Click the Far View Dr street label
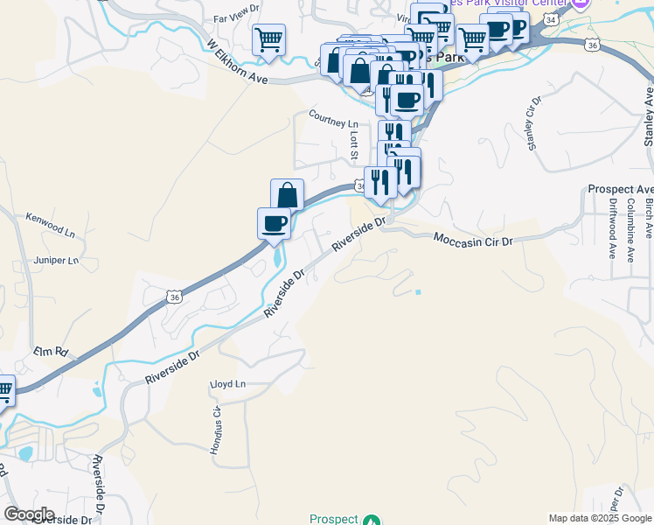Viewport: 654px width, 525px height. click(x=236, y=17)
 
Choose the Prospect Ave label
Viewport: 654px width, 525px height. click(x=620, y=189)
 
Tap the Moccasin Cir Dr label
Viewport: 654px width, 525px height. click(x=472, y=238)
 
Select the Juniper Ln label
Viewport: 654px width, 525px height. click(x=54, y=260)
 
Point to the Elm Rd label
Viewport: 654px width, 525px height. click(x=51, y=352)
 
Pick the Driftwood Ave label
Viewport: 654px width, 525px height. click(x=610, y=232)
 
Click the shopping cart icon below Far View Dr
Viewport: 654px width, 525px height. click(x=269, y=39)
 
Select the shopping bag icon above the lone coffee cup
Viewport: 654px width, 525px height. click(x=287, y=194)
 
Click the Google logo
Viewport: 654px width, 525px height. click(x=30, y=514)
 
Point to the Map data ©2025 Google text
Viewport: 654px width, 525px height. click(x=600, y=518)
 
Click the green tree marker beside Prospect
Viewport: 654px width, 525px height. click(x=372, y=520)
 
